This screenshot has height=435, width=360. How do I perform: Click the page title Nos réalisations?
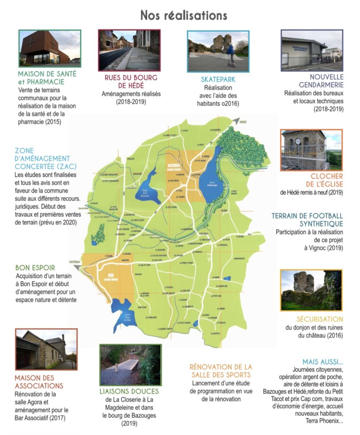coord(184,15)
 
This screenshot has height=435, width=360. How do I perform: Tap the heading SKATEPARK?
coord(218,79)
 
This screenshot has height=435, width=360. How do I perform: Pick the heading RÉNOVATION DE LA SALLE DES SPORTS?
coord(220,371)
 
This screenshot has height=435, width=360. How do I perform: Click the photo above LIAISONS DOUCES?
coord(130,365)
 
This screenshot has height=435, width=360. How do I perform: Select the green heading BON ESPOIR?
coord(35,268)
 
